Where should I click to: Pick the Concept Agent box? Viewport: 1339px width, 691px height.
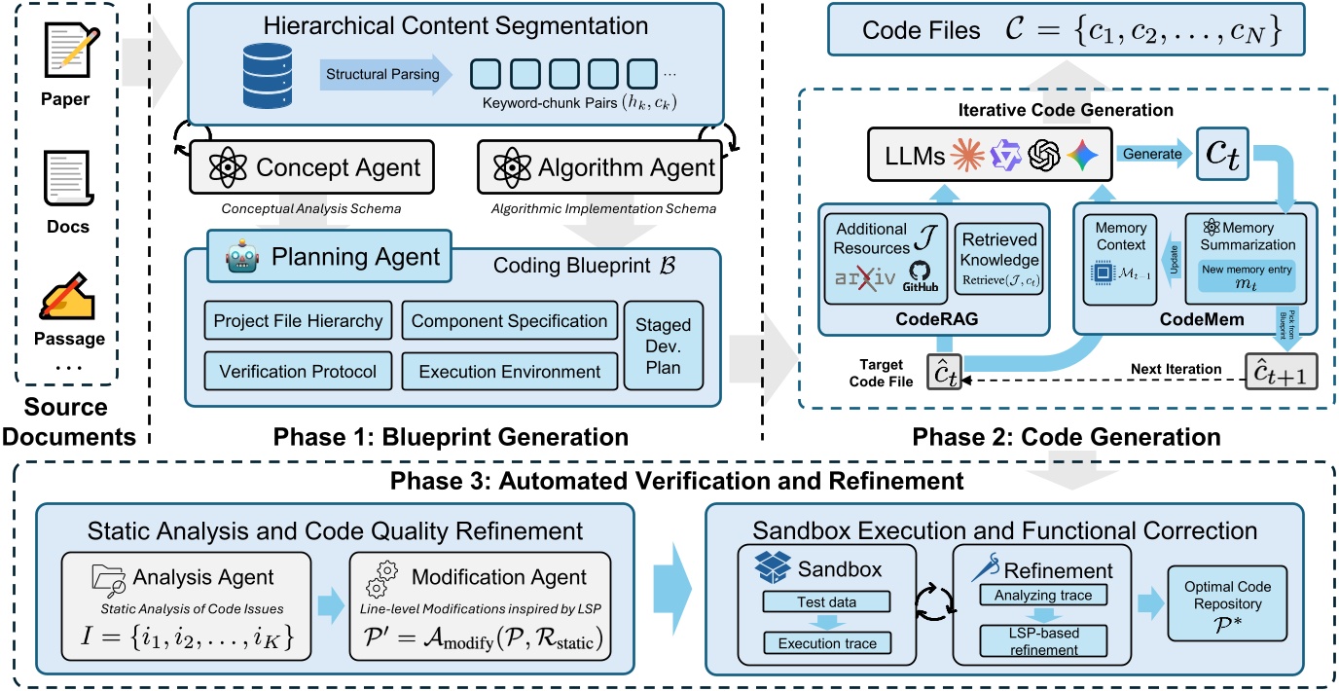click(x=308, y=167)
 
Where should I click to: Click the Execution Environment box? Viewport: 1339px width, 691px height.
click(x=509, y=371)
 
